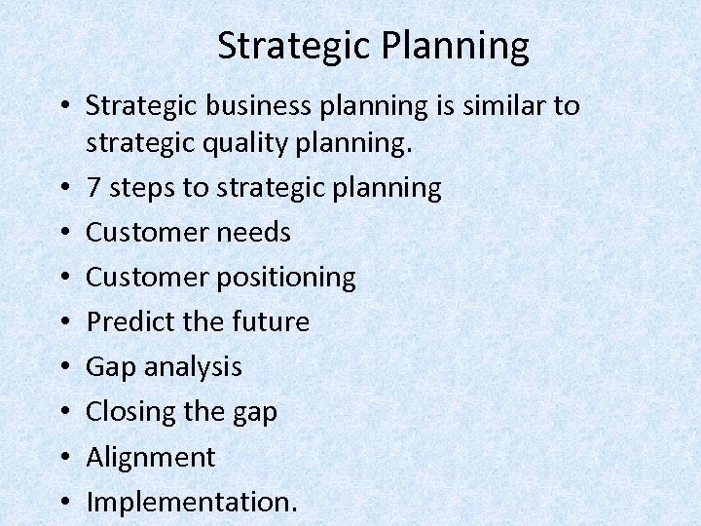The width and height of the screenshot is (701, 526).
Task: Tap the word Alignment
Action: pyautogui.click(x=150, y=457)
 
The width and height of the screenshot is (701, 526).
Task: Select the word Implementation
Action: pyautogui.click(x=192, y=502)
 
